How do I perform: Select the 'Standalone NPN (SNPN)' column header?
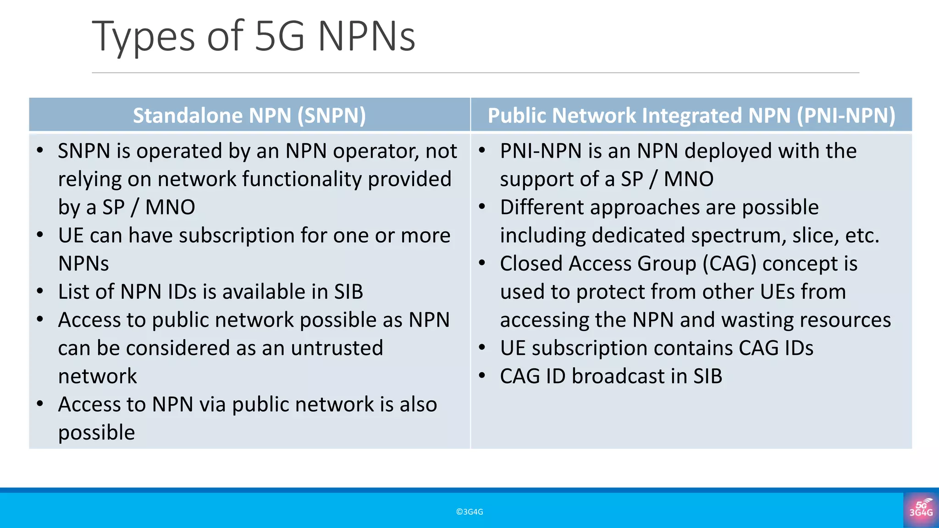coord(249,115)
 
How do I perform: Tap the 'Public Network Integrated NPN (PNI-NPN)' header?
coord(691,115)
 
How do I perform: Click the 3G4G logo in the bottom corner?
coord(921,510)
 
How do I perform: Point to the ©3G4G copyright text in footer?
coord(469,512)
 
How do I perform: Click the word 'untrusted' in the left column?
coord(337,348)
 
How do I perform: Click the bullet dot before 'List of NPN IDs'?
coord(40,291)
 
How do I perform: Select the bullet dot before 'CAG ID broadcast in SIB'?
coord(482,376)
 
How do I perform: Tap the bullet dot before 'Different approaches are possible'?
coord(482,207)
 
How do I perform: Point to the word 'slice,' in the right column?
coord(815,236)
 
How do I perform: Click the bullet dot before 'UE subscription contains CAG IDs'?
coord(482,348)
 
